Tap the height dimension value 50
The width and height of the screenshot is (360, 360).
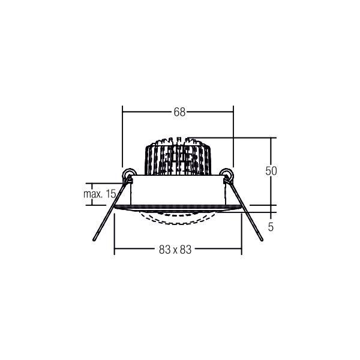pyautogui.click(x=271, y=171)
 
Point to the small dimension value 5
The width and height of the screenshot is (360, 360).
pyautogui.click(x=271, y=227)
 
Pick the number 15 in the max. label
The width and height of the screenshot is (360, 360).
pyautogui.click(x=110, y=193)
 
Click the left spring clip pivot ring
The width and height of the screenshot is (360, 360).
pyautogui.click(x=128, y=175)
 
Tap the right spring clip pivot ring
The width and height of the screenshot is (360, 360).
pyautogui.click(x=227, y=175)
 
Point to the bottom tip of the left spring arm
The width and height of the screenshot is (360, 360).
pyautogui.click(x=94, y=241)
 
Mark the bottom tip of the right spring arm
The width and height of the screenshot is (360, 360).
pyautogui.click(x=262, y=241)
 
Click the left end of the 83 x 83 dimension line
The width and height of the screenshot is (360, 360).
pyautogui.click(x=115, y=250)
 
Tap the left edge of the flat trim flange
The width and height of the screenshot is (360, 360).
pyautogui.click(x=115, y=208)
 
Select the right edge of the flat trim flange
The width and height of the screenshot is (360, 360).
pyautogui.click(x=241, y=208)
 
